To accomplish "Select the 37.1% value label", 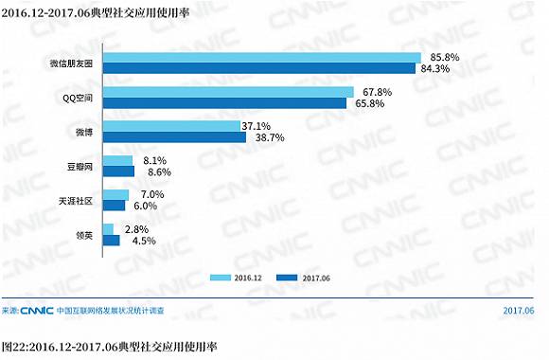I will pos(257,126).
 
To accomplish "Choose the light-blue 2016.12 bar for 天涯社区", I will pos(115,194).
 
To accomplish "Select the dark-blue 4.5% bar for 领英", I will pos(111,240).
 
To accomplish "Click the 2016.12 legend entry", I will pos(237,278).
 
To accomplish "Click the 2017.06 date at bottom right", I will pos(518,310).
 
